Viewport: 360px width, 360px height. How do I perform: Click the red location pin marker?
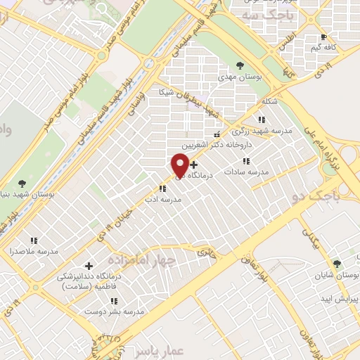click(x=180, y=165)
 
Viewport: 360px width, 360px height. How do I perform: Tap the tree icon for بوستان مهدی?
click(x=240, y=65)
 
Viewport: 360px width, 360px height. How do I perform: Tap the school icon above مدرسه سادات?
click(x=245, y=162)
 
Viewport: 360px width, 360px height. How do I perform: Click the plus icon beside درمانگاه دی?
click(x=194, y=165)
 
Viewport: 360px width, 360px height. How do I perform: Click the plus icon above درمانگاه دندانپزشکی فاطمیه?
click(x=89, y=266)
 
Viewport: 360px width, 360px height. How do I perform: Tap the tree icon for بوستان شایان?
click(x=336, y=264)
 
